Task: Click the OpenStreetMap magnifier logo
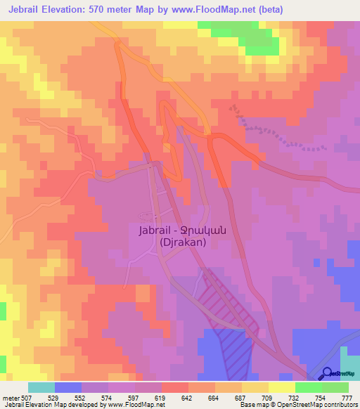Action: [327, 374]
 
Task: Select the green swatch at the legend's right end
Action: [335, 387]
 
